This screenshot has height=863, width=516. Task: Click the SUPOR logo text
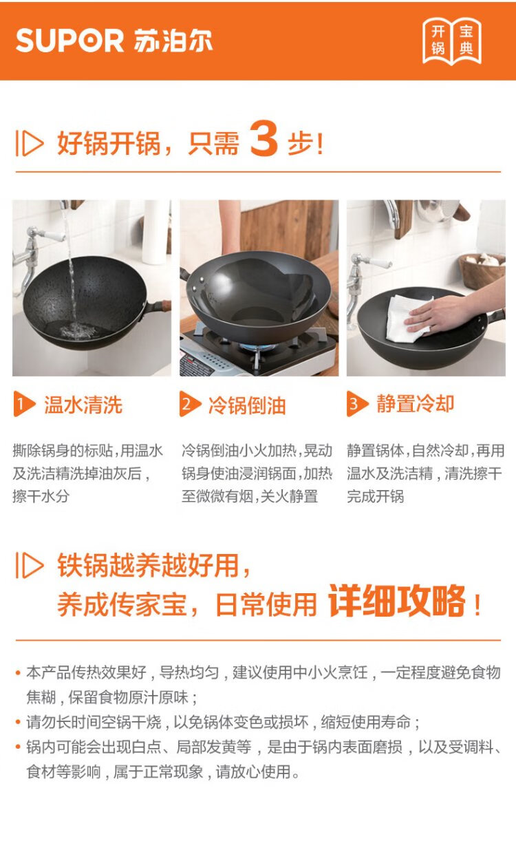(x=69, y=40)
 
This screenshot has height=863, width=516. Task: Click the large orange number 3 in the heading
(x=264, y=138)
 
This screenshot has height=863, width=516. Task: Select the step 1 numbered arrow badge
(x=24, y=403)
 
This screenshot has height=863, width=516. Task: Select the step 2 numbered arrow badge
(x=190, y=404)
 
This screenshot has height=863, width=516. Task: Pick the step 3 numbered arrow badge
(x=357, y=403)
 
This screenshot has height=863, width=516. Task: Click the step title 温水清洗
(x=83, y=405)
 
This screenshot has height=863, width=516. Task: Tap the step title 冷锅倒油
(x=247, y=405)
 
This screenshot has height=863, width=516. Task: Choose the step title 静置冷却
(x=415, y=404)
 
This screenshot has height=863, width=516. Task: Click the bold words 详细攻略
(x=396, y=601)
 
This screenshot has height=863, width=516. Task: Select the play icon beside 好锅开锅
(x=30, y=143)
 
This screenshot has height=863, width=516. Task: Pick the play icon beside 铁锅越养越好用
(x=30, y=565)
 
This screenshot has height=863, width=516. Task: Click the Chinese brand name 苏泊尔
(x=173, y=40)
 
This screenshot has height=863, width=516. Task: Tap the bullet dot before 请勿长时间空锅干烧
(x=18, y=721)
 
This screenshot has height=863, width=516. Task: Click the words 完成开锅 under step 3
(x=376, y=496)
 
